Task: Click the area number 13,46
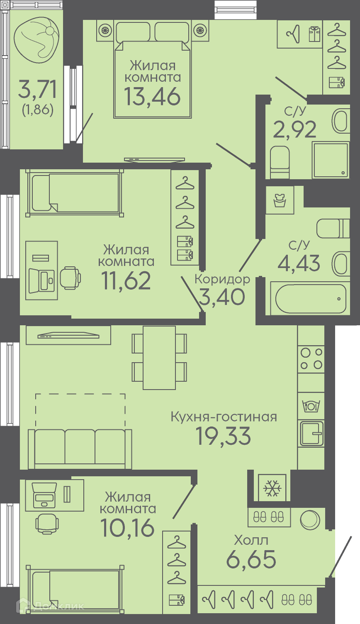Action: click(x=152, y=97)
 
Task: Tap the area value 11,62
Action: click(x=126, y=280)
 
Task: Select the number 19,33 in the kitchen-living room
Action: click(x=223, y=436)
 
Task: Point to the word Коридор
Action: click(x=222, y=280)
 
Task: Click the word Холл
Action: click(x=251, y=540)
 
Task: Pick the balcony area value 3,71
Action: click(x=37, y=89)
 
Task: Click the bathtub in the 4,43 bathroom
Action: click(x=311, y=299)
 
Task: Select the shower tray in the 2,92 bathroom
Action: click(x=331, y=160)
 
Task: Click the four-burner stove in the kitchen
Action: click(x=311, y=358)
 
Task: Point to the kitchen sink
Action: click(x=311, y=434)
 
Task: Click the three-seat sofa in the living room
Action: click(x=80, y=449)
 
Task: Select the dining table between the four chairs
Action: click(x=159, y=358)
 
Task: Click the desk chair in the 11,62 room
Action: click(x=71, y=278)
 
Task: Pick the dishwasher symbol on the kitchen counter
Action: click(x=311, y=406)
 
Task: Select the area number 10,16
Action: click(x=127, y=528)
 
